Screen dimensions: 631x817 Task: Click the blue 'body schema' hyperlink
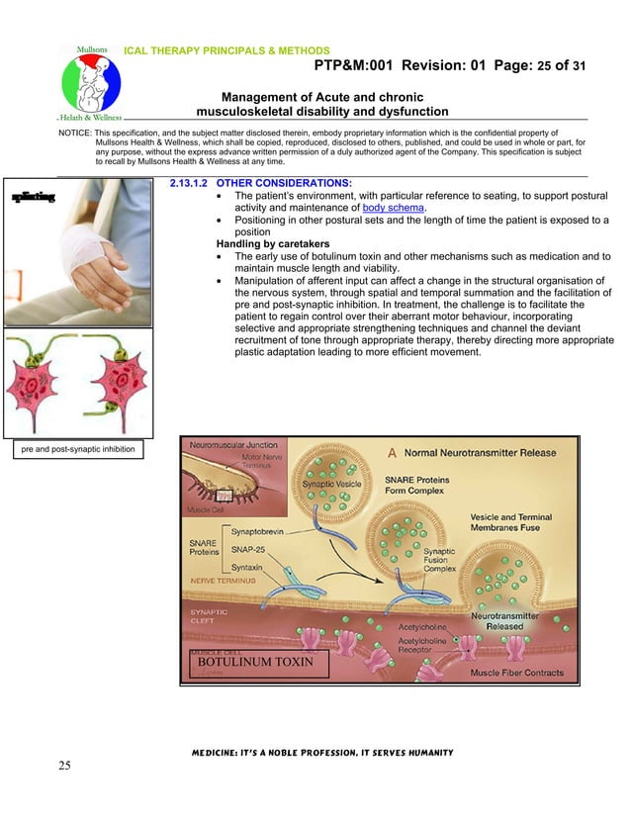click(394, 208)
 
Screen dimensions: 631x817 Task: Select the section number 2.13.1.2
click(189, 183)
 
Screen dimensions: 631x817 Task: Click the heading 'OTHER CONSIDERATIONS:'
click(284, 183)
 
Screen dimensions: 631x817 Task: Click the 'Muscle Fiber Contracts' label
click(516, 673)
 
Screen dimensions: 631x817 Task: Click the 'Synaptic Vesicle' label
click(331, 485)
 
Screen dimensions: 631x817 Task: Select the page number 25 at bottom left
click(65, 765)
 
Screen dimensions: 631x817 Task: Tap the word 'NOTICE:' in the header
click(77, 132)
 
